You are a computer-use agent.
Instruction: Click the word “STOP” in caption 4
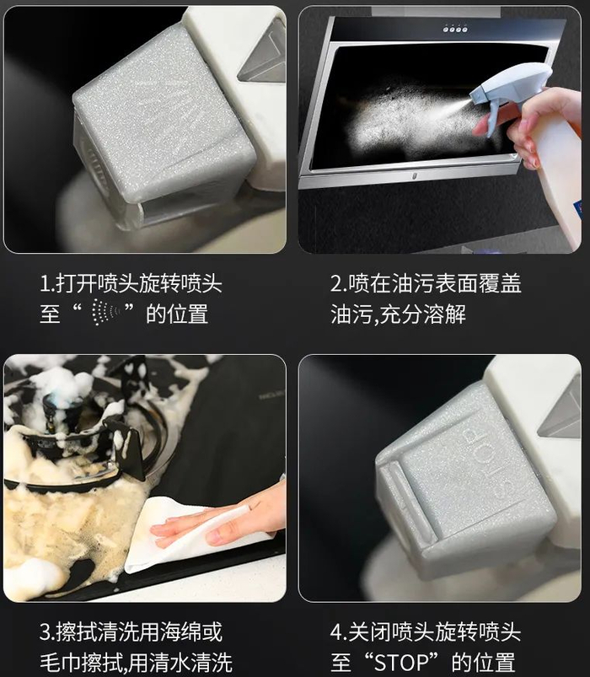(401, 662)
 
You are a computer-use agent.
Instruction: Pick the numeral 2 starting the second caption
(336, 284)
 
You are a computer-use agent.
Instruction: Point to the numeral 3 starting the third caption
(46, 632)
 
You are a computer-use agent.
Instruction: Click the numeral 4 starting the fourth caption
(336, 632)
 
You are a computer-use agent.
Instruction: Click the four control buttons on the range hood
(455, 30)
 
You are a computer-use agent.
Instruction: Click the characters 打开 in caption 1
(76, 284)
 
